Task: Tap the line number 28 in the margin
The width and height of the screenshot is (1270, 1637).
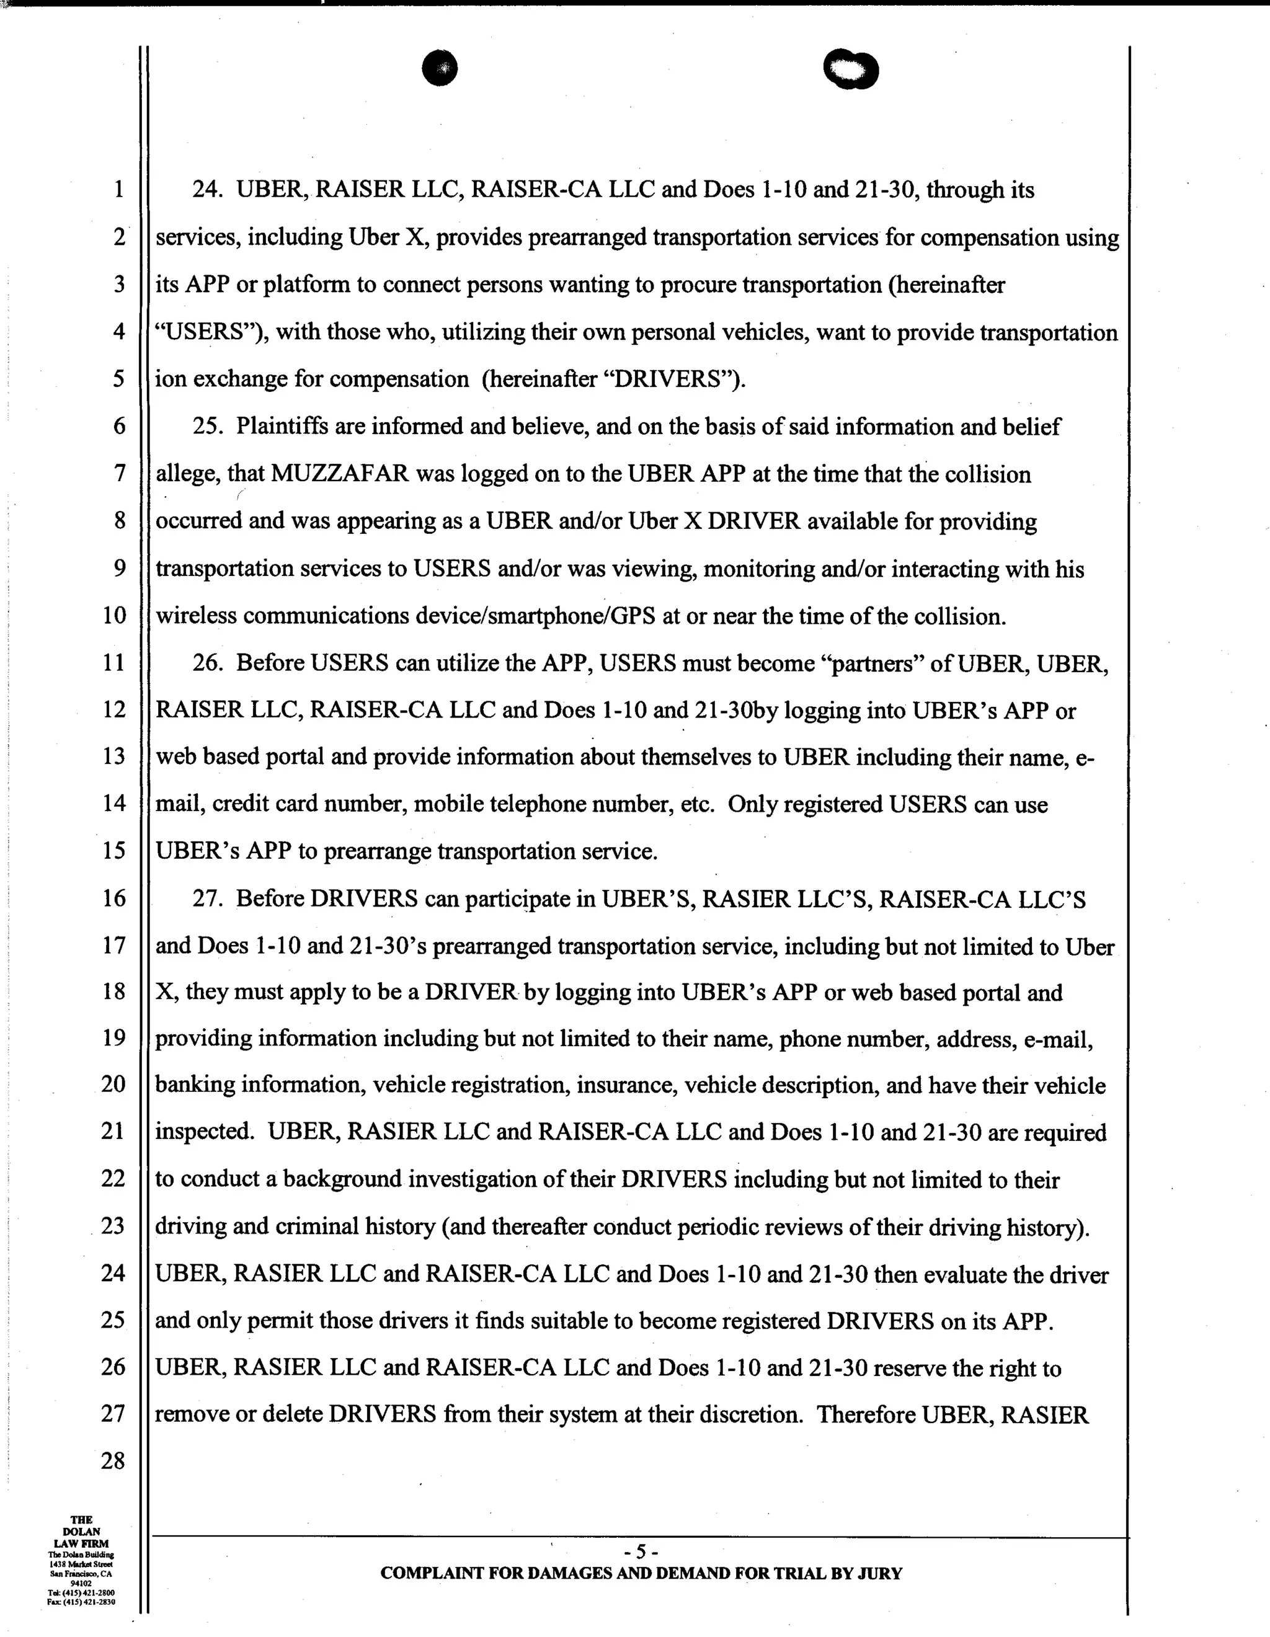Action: pos(113,1461)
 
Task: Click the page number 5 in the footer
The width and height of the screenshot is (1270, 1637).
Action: pos(640,1551)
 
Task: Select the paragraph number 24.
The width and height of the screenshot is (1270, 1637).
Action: pos(208,190)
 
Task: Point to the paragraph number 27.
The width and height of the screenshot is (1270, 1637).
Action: pos(208,898)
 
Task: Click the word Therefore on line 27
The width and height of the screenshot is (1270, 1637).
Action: pos(865,1415)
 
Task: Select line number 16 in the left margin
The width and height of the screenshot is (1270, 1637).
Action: pos(113,898)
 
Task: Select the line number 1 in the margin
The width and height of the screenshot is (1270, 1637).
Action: pos(118,190)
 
